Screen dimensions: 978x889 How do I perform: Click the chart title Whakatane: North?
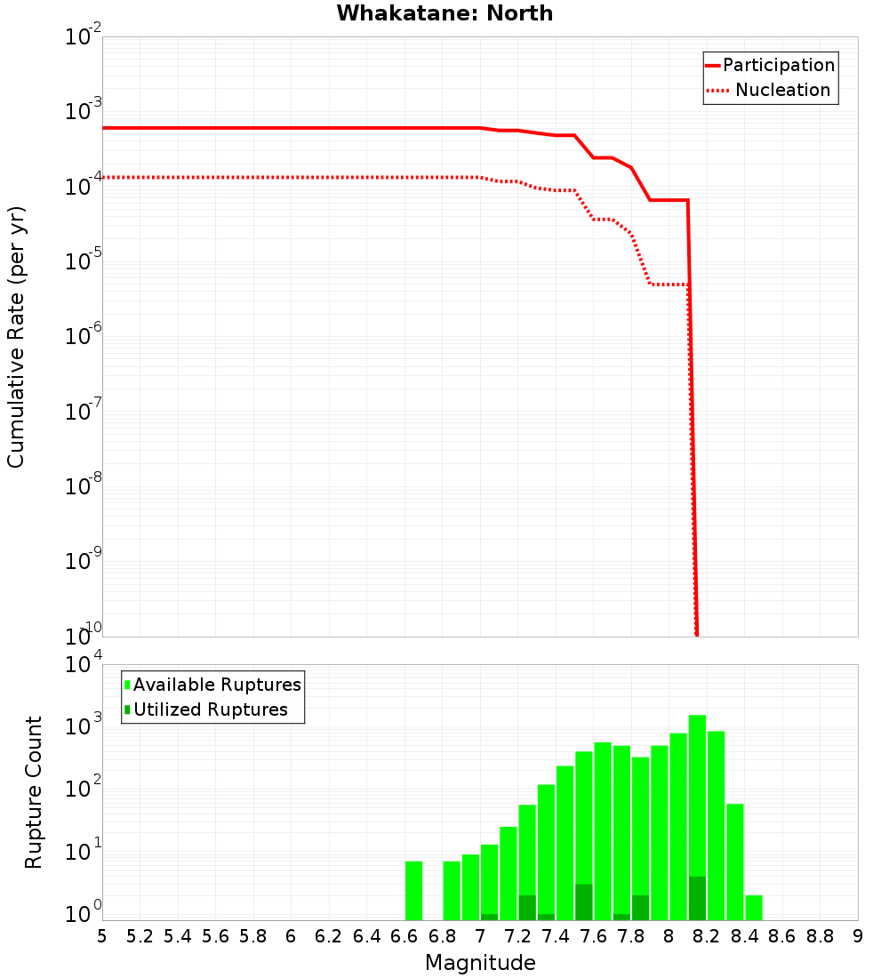444,13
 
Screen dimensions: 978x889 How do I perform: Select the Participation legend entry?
778,65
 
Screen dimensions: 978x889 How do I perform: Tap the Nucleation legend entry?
782,90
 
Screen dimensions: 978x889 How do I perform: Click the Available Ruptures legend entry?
217,685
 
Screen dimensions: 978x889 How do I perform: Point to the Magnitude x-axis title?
480,963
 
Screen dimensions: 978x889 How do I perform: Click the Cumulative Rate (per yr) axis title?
16,337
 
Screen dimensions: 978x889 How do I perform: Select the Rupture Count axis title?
34,792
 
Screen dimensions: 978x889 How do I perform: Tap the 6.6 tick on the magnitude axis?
404,936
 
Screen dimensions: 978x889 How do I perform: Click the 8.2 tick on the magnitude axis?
707,936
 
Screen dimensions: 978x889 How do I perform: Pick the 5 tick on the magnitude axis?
102,936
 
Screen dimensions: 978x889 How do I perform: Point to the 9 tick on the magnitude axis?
858,936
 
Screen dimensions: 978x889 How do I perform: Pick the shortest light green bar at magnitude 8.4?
754,908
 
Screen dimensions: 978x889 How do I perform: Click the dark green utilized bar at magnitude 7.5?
583,902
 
